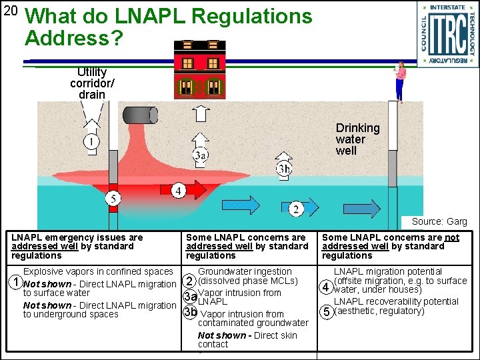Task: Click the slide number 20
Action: [x=11, y=11]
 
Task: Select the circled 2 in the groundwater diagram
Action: [x=295, y=209]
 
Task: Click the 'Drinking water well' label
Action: [x=357, y=139]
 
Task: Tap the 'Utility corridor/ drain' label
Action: [x=92, y=83]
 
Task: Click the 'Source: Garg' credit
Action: [x=439, y=221]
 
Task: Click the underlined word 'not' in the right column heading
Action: [x=452, y=237]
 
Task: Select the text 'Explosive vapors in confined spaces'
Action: [x=98, y=271]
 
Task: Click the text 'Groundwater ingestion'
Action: [x=245, y=271]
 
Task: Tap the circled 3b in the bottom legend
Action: [x=191, y=311]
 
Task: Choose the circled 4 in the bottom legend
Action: [x=326, y=287]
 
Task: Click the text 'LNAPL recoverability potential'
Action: [x=396, y=301]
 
